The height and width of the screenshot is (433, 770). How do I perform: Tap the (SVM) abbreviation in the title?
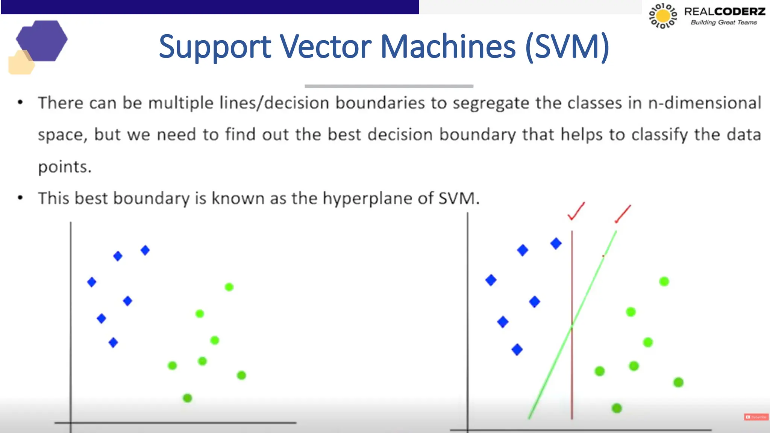click(567, 47)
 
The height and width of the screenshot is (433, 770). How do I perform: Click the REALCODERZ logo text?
click(725, 12)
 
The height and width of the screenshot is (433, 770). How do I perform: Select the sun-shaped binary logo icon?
click(663, 16)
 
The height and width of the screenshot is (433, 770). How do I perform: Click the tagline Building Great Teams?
click(724, 23)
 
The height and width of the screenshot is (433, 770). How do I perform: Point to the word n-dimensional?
click(705, 103)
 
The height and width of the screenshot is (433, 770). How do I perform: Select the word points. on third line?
click(65, 167)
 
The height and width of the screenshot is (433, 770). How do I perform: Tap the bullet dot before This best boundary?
click(20, 198)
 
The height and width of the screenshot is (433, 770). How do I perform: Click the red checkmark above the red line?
click(576, 211)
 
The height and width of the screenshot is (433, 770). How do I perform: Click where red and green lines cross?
click(572, 327)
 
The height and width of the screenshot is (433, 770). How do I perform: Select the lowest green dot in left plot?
click(187, 398)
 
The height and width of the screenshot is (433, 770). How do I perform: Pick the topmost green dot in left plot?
click(229, 287)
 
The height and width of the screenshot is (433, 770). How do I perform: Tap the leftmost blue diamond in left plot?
click(92, 282)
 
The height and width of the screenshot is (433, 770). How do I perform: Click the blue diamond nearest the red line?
click(556, 244)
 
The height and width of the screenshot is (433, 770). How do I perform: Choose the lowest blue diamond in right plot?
click(517, 350)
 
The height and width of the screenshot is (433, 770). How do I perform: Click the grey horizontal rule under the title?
click(389, 86)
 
